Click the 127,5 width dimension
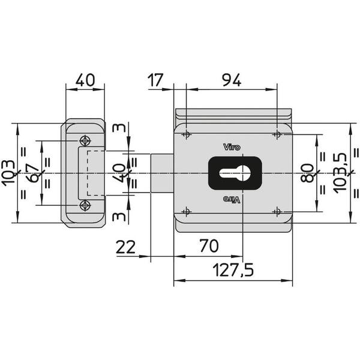(233, 269)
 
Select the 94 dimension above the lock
(232, 80)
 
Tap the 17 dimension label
(155, 80)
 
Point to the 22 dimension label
(125, 247)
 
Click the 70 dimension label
(209, 245)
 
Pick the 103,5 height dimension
(340, 173)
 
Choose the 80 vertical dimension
(307, 173)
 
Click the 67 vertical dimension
(34, 173)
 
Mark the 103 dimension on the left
(8, 173)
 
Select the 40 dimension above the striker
(85, 80)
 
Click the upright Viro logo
(232, 147)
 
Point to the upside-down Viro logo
(232, 200)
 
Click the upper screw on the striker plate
(85, 140)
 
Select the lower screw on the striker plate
(85, 205)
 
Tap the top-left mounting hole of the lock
(186, 134)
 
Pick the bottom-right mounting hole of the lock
(277, 211)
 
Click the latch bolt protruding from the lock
(162, 173)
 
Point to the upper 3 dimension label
(119, 128)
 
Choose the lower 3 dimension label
(119, 217)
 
